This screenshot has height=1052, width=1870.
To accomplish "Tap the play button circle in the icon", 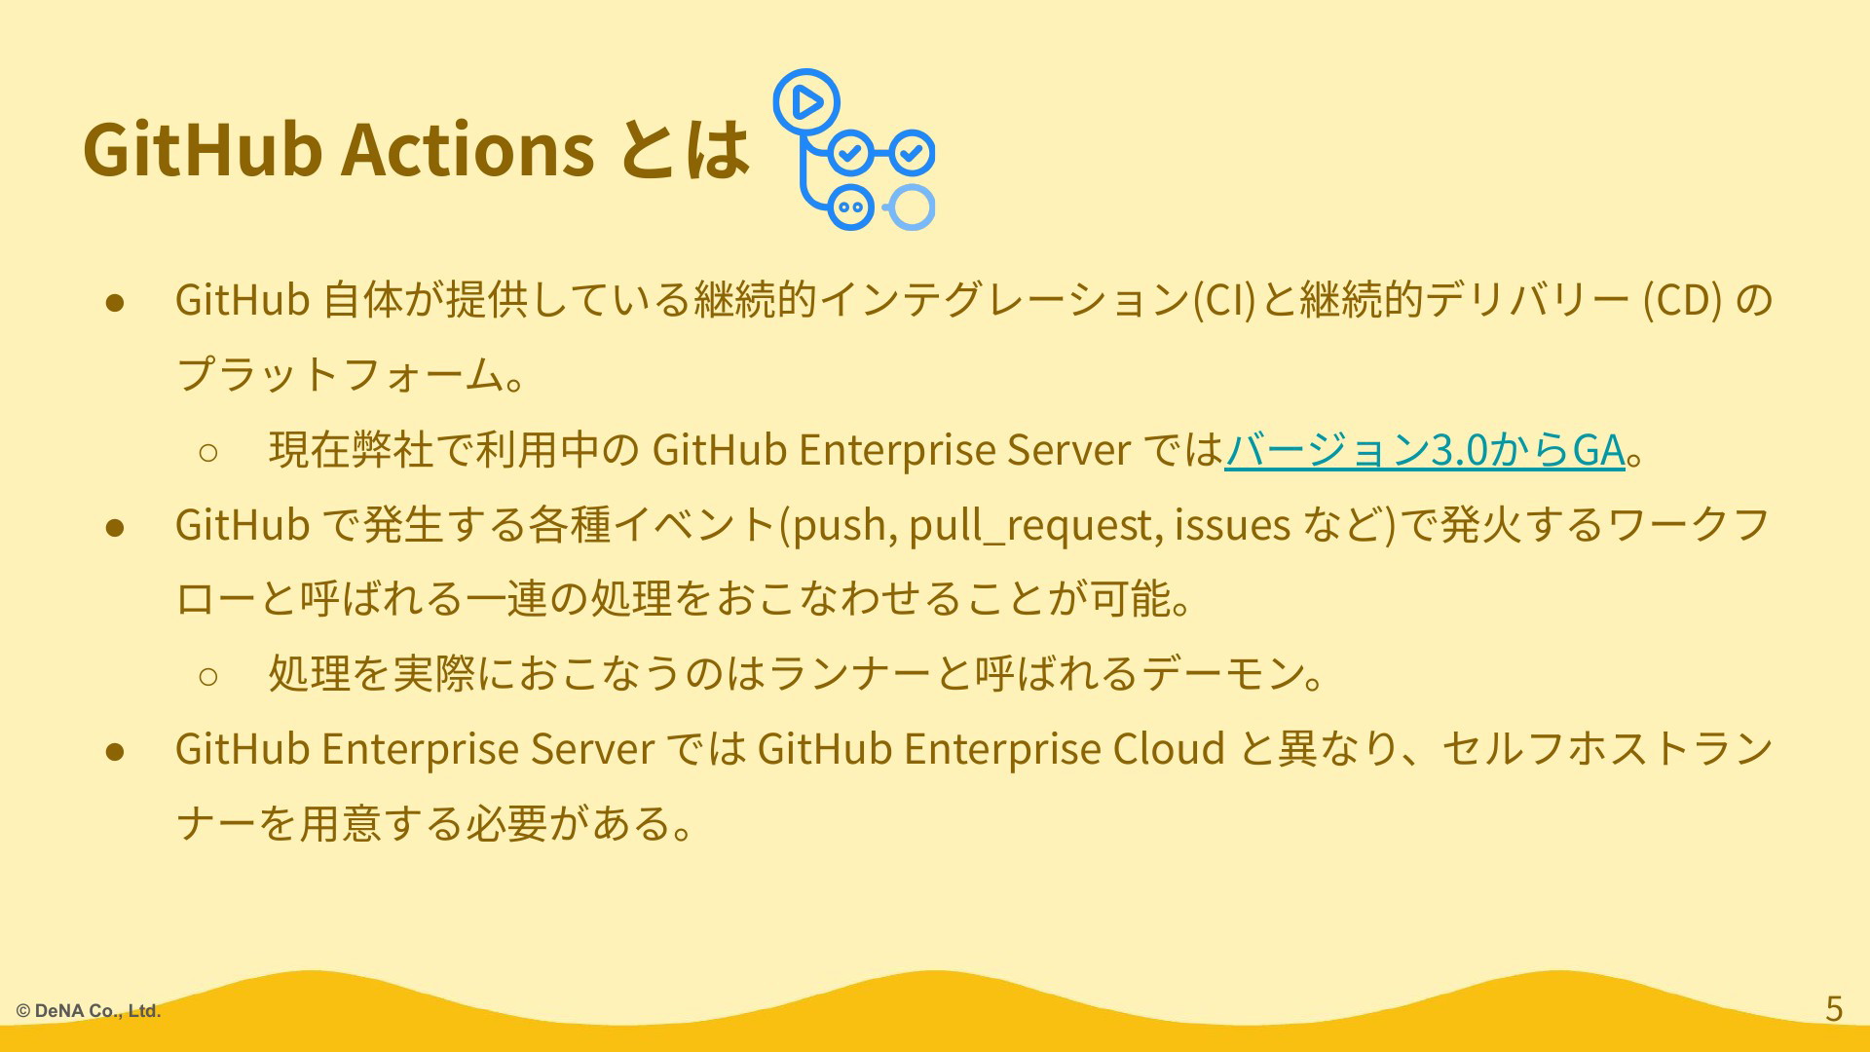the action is (x=806, y=101).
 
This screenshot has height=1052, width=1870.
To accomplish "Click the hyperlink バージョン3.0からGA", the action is (x=1425, y=450).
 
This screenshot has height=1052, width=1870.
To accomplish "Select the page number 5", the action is (x=1834, y=1008).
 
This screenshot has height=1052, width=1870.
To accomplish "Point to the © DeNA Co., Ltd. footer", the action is (x=89, y=1011).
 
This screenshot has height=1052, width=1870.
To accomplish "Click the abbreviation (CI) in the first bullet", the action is (x=1225, y=300).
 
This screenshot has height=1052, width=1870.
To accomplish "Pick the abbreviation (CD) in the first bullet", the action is (x=1682, y=300).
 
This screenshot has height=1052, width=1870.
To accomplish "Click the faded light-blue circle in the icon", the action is (x=913, y=207).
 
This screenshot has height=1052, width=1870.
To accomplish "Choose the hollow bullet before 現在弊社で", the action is (x=207, y=451).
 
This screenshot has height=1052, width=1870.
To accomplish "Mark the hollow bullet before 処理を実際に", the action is (x=207, y=675).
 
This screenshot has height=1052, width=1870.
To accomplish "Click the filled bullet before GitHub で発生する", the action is (x=115, y=526).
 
